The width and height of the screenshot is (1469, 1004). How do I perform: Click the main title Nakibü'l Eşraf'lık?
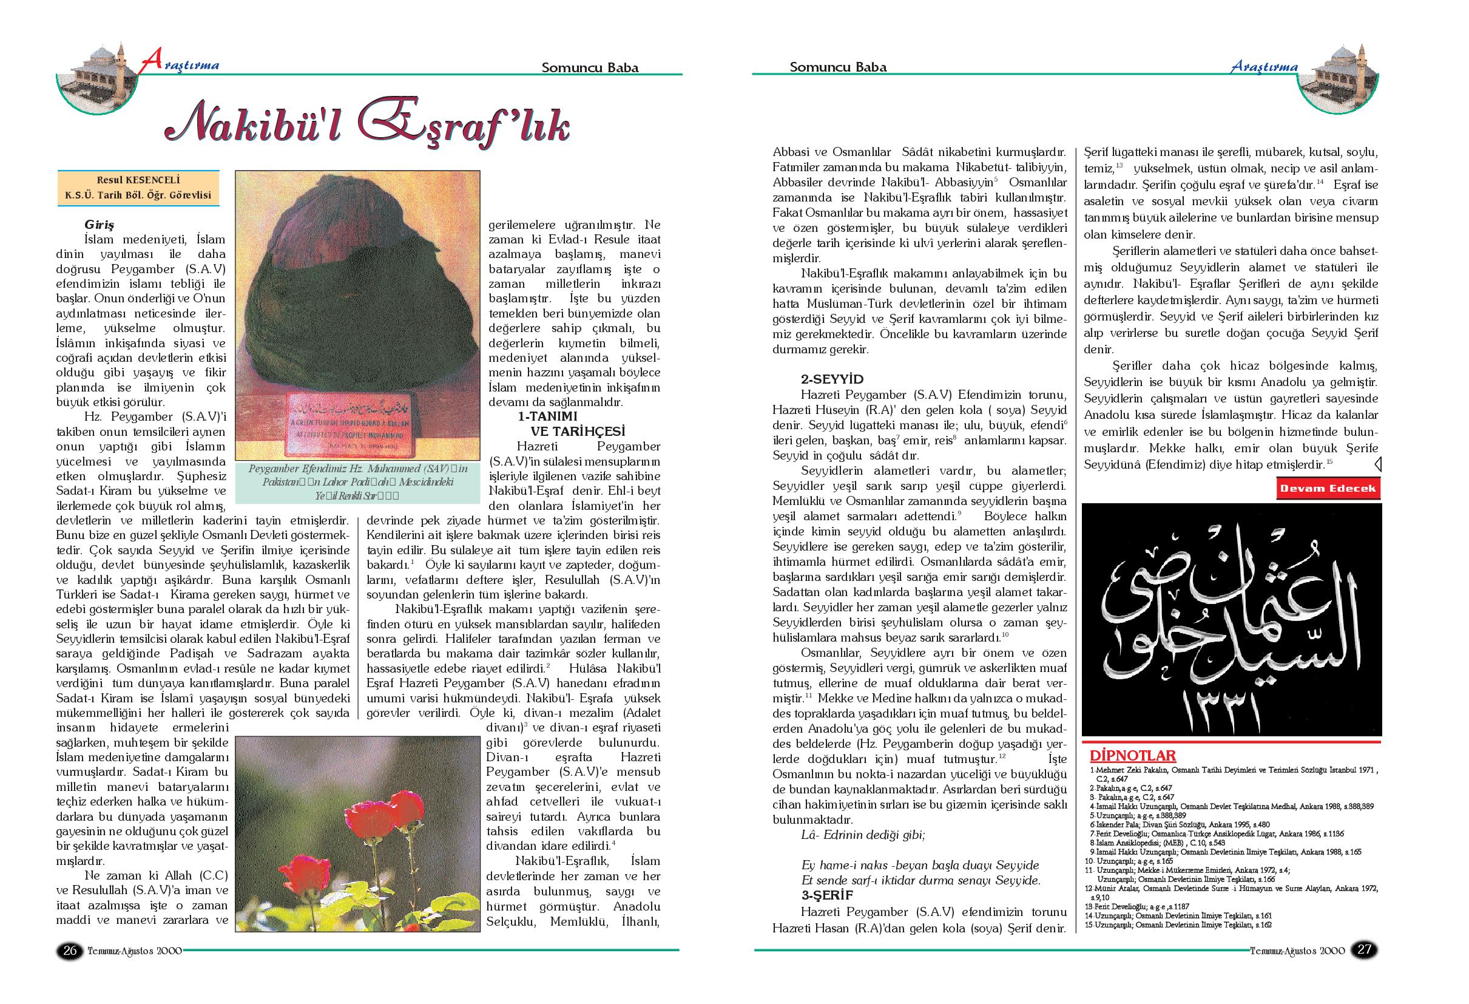(x=366, y=121)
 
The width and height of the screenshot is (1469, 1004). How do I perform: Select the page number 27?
(x=1365, y=949)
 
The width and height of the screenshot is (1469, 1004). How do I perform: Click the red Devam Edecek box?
(x=1328, y=489)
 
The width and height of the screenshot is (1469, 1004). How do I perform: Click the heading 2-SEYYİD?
(x=832, y=379)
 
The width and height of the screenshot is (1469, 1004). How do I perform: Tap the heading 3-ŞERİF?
(x=828, y=895)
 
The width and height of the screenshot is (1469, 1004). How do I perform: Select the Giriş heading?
(x=100, y=225)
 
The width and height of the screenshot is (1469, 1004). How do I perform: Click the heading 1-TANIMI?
(x=547, y=416)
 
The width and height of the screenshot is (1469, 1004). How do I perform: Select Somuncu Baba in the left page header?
(x=590, y=67)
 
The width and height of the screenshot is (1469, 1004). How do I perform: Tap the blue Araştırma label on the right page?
(x=1263, y=67)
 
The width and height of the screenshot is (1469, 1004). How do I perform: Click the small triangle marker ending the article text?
(x=1377, y=466)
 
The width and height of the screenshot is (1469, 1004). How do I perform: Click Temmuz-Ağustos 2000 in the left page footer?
(x=135, y=950)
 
